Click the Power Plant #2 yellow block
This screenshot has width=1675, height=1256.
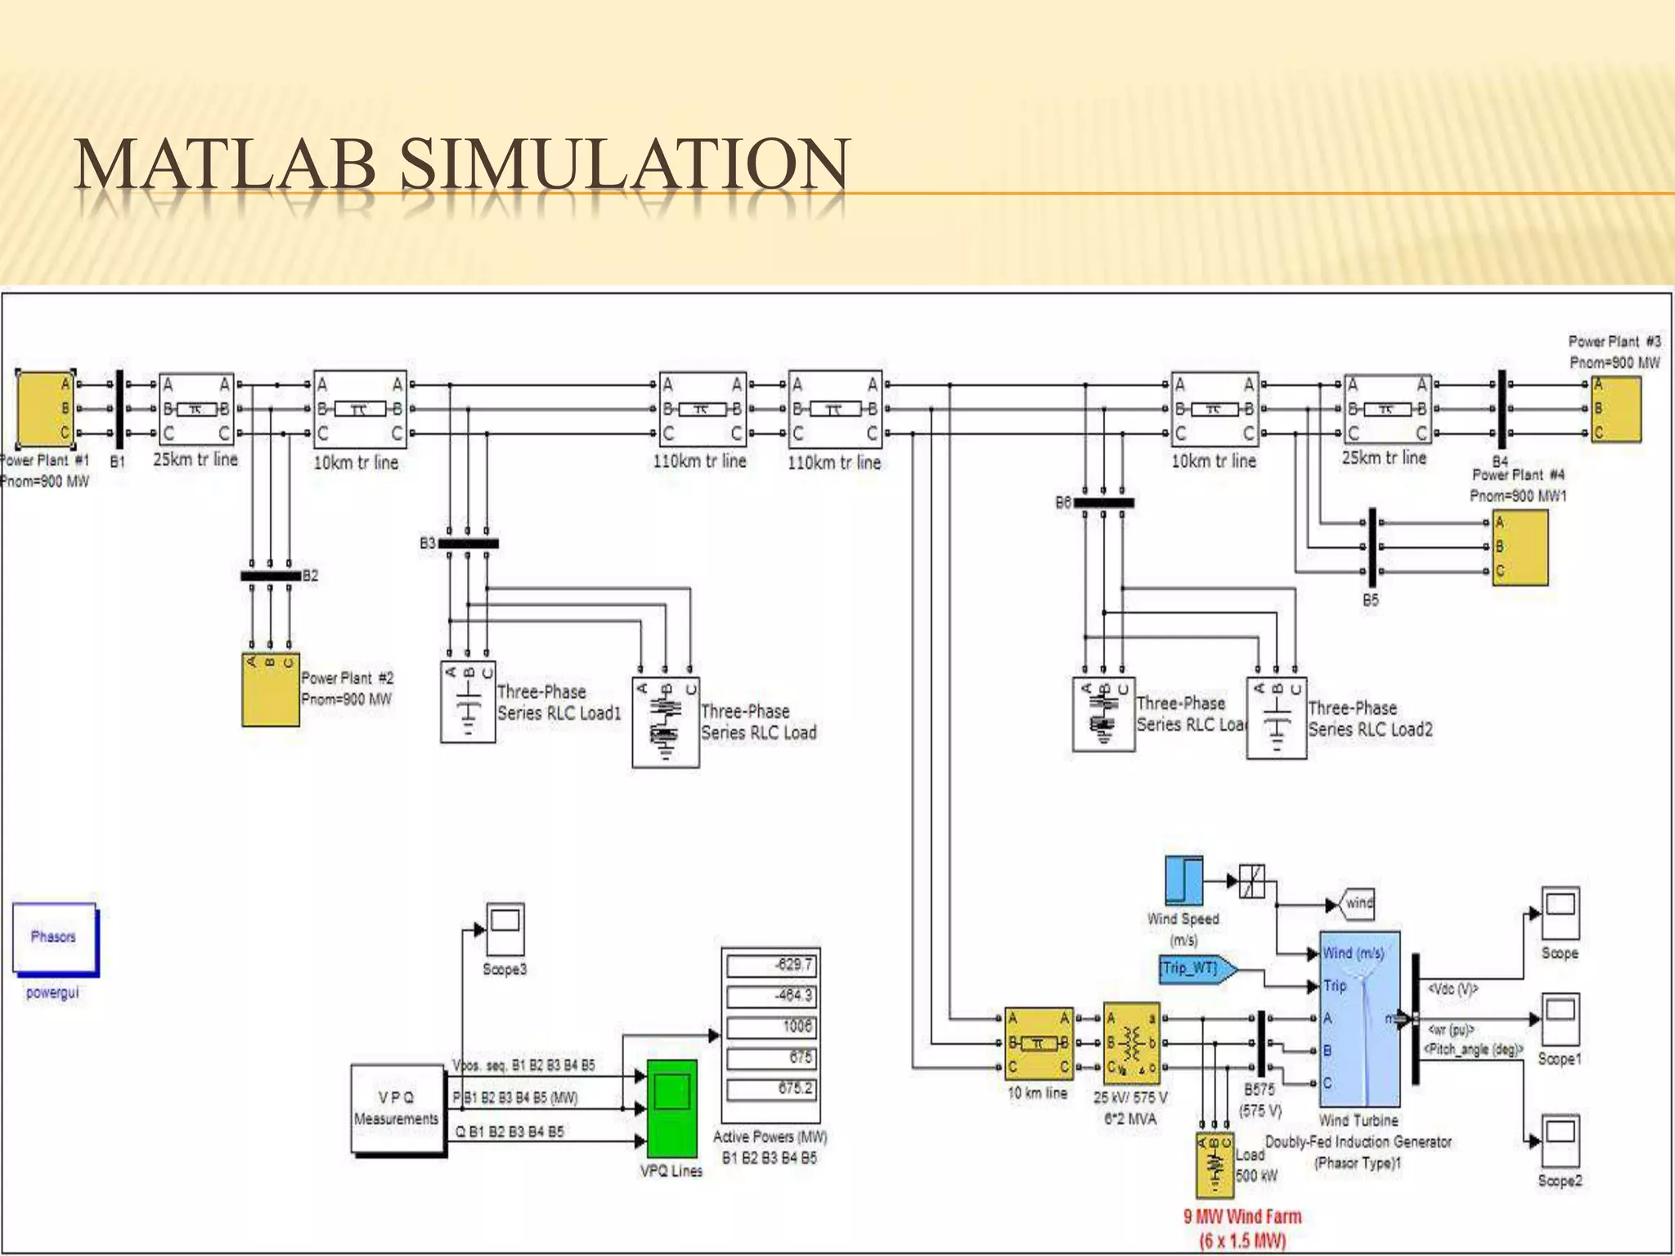pyautogui.click(x=270, y=689)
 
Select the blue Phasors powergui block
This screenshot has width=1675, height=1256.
pyautogui.click(x=54, y=938)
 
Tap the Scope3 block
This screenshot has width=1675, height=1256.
pyautogui.click(x=505, y=928)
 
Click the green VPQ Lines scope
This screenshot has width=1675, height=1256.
pyautogui.click(x=671, y=1108)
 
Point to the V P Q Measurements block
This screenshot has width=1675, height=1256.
pyautogui.click(x=397, y=1108)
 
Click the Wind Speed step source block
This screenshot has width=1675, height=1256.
pyautogui.click(x=1183, y=881)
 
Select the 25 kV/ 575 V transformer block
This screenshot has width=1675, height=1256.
pyautogui.click(x=1131, y=1043)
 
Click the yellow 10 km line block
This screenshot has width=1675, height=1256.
pyautogui.click(x=1038, y=1043)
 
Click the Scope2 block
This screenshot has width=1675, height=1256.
pyautogui.click(x=1560, y=1140)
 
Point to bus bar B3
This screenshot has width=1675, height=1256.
pyautogui.click(x=468, y=543)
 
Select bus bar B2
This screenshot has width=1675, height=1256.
pyautogui.click(x=271, y=576)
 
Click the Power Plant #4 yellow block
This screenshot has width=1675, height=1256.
pyautogui.click(x=1520, y=547)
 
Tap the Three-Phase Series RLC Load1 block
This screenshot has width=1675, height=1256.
pyautogui.click(x=468, y=702)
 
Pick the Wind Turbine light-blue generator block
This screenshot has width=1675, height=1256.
pyautogui.click(x=1359, y=1019)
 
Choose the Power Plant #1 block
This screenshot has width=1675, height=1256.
pyautogui.click(x=45, y=408)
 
